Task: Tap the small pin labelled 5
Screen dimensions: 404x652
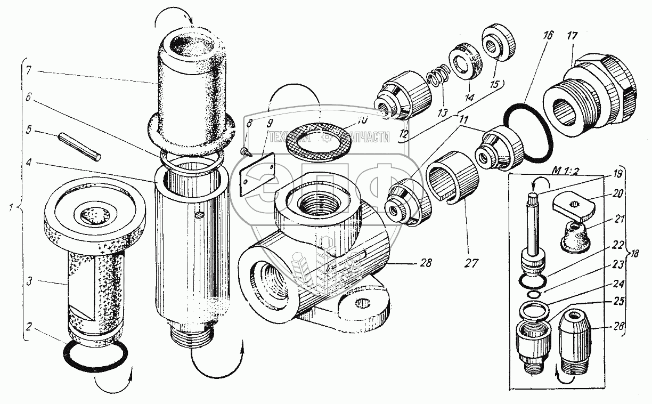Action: tap(79, 145)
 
